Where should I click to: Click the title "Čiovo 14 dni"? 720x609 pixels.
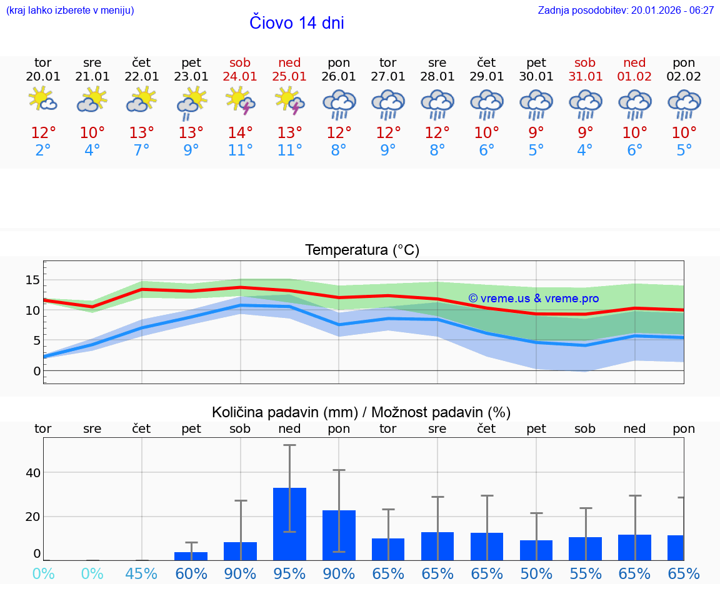coord(296,23)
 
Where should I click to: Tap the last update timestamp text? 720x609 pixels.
coord(626,11)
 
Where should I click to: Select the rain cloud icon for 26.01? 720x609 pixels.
coord(339,104)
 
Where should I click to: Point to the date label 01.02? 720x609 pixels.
coord(634,77)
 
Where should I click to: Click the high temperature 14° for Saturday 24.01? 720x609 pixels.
coord(241,132)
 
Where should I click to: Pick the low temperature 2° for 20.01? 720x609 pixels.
coord(43,150)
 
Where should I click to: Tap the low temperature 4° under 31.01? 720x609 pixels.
coord(585,150)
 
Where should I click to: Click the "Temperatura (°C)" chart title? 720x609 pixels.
coord(362,250)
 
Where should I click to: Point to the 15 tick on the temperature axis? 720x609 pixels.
coord(32,279)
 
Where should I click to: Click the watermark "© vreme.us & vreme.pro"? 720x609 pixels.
coord(533,299)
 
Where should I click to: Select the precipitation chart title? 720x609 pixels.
coord(361,412)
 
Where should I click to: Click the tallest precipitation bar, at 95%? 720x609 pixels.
coord(289,524)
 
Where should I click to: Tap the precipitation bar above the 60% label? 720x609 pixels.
coord(191,556)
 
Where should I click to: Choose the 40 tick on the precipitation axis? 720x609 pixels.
coord(32,473)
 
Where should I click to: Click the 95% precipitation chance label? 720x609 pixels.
coord(289,573)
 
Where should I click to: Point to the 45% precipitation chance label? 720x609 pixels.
coord(141,573)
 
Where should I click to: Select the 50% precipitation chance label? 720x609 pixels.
coord(536,573)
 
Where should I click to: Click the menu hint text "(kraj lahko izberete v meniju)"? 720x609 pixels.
coord(69,11)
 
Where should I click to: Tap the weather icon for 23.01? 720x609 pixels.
coord(191,104)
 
